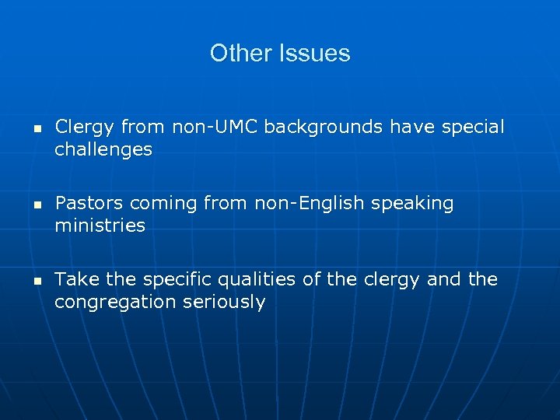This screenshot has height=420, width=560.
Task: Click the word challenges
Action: point(103,149)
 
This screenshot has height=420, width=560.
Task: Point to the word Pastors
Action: point(89,203)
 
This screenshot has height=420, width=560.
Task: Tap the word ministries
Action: point(100,226)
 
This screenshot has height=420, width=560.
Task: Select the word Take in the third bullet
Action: point(74,279)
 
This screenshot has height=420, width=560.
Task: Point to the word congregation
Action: point(110,303)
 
